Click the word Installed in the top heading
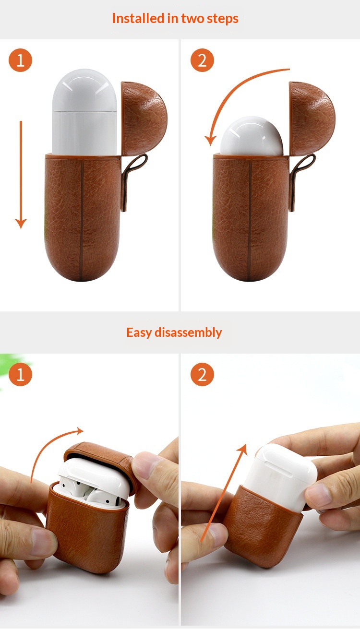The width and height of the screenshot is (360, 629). click(138, 19)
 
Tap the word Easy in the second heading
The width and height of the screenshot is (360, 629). click(139, 333)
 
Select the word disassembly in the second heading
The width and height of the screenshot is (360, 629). click(188, 332)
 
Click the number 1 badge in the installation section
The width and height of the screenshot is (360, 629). click(20, 60)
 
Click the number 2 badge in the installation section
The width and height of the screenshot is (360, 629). click(202, 60)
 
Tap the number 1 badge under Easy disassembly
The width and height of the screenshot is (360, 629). click(20, 374)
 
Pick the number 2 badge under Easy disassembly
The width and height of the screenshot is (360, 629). click(202, 374)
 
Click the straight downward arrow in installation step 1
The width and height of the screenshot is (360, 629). click(21, 175)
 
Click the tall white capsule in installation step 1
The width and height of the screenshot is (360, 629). click(84, 112)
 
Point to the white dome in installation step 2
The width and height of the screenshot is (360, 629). click(252, 136)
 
